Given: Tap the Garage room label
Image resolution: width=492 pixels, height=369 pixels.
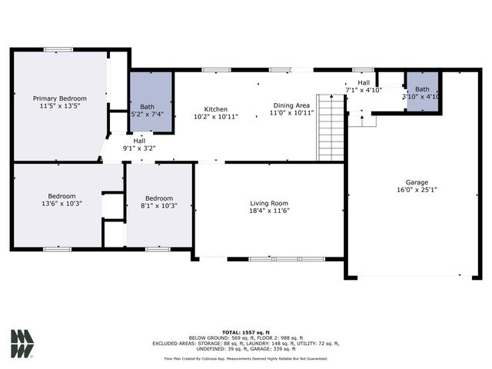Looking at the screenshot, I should [x=417, y=182].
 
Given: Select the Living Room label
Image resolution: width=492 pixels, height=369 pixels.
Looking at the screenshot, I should [x=269, y=203].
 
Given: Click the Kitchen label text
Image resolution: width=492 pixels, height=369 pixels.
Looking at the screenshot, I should [x=215, y=109].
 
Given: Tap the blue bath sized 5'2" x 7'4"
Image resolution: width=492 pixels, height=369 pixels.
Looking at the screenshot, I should [x=151, y=101].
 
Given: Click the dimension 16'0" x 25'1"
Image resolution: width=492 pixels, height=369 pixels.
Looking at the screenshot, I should [x=417, y=190].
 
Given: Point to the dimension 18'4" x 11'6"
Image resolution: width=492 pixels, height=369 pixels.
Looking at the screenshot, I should [x=269, y=211].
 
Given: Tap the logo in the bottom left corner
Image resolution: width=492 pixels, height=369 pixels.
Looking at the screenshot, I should [x=22, y=344].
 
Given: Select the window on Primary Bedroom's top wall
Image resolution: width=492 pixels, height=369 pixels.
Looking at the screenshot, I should [x=58, y=50].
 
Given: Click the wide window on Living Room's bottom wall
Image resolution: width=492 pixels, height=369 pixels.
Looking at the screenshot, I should [x=276, y=259].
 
